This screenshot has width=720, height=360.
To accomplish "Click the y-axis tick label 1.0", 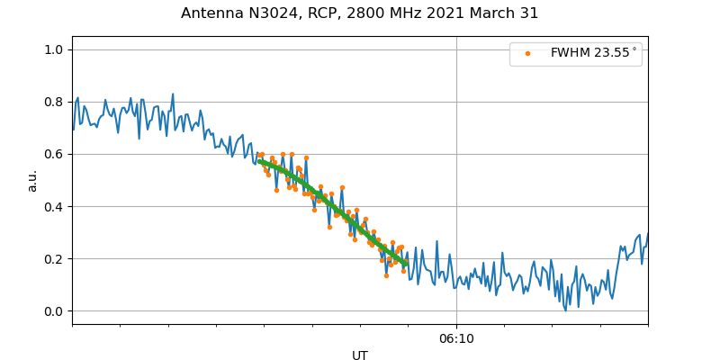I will pos(55,49).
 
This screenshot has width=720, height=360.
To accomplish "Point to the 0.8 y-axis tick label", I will pos(55,102).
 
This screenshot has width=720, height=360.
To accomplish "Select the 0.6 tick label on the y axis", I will pos(55,154).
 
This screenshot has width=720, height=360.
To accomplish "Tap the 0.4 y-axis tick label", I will pos(55,206).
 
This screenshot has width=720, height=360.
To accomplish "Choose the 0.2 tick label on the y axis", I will pos(55,259).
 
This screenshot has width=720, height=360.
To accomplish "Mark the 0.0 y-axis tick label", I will pos(55,311).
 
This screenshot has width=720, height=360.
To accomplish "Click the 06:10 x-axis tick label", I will pos(456,338).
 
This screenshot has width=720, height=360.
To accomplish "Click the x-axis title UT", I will pos(360,355).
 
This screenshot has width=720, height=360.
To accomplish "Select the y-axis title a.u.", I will pos(32,180).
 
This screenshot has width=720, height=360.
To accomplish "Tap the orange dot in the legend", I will pos(527,53).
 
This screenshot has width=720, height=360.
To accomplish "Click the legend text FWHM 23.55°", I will pos(593,53).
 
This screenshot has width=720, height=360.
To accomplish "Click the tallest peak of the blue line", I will pos(173,94).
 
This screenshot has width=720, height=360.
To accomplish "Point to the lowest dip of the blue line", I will pos(565,310).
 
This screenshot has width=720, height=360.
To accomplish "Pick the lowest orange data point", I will pos(386,275).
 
